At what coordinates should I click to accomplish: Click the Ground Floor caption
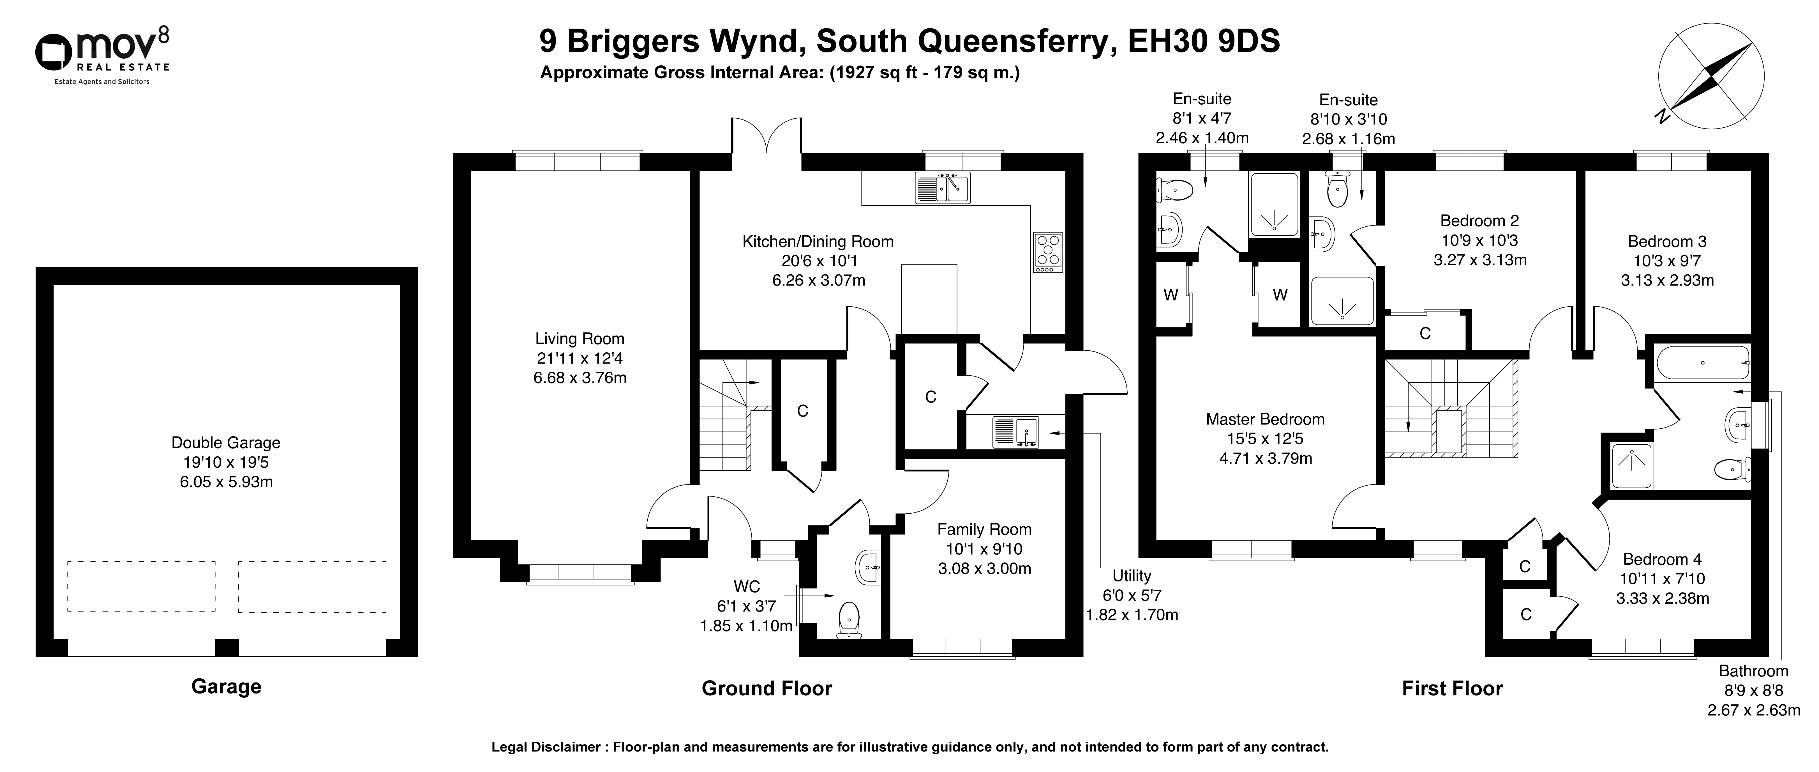click(x=767, y=688)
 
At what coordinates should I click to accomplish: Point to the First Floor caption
click(x=1453, y=688)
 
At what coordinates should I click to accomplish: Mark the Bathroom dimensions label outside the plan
click(x=1753, y=690)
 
